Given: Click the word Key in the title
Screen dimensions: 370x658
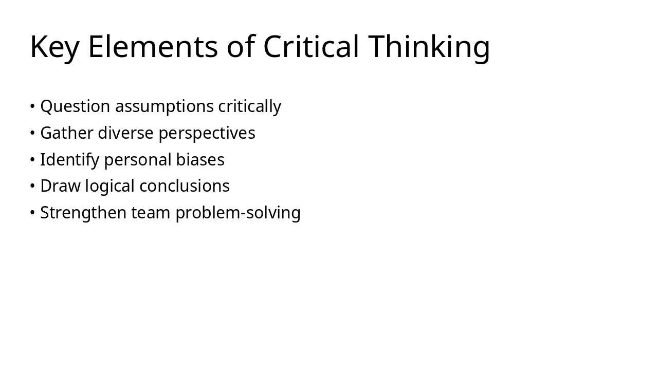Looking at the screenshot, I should (x=54, y=47).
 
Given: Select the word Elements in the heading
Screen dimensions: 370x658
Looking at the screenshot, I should (x=153, y=47).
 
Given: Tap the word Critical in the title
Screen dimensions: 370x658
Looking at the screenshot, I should (x=311, y=47).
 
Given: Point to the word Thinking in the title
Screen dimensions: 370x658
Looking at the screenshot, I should (x=429, y=47).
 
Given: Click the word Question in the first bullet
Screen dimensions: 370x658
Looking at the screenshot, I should (x=75, y=106).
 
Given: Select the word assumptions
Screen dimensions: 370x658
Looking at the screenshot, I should (x=164, y=106).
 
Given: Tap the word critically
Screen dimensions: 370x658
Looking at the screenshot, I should (x=249, y=106).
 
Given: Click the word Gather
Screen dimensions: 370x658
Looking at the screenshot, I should (x=66, y=133).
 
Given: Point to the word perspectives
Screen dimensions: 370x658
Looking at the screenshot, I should (x=207, y=134).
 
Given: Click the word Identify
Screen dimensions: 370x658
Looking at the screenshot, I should (x=69, y=160).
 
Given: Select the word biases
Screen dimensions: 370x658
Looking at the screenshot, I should (x=200, y=160).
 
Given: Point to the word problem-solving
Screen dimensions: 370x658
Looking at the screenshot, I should (x=238, y=213).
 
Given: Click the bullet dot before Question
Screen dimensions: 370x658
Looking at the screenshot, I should (x=32, y=107).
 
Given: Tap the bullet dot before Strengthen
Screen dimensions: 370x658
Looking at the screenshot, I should (x=32, y=213).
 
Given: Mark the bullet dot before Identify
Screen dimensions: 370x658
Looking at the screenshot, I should (x=32, y=160).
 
